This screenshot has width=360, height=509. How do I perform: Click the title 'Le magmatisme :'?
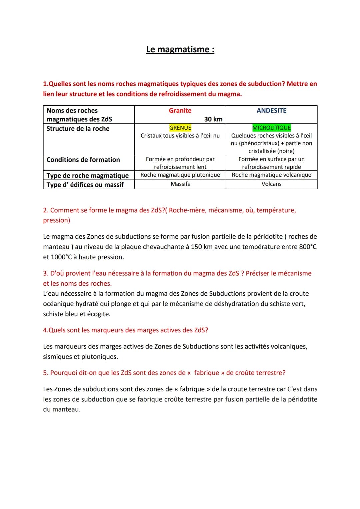pyautogui.click(x=180, y=49)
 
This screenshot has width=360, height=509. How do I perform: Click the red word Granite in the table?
pyautogui.click(x=180, y=110)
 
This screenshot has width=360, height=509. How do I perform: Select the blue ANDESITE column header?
pyautogui.click(x=271, y=110)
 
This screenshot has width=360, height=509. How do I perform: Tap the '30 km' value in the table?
pyautogui.click(x=213, y=119)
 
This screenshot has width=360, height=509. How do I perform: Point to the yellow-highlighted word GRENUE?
pyautogui.click(x=180, y=128)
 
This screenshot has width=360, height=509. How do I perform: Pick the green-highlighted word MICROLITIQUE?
pyautogui.click(x=271, y=128)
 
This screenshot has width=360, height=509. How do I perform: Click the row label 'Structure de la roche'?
pyautogui.click(x=78, y=128)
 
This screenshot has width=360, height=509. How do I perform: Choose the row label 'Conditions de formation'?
pyautogui.click(x=83, y=160)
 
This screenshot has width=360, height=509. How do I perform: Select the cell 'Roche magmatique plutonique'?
pyautogui.click(x=180, y=175)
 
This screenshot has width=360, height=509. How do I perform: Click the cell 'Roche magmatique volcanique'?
pyautogui.click(x=271, y=175)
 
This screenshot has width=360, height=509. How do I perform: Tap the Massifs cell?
pyautogui.click(x=180, y=184)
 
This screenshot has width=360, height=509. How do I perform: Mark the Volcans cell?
pyautogui.click(x=271, y=184)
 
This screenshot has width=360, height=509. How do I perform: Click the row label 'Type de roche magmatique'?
pyautogui.click(x=87, y=175)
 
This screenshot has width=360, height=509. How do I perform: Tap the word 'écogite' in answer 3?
pyautogui.click(x=98, y=314)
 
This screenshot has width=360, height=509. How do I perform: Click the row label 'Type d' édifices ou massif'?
pyautogui.click(x=85, y=184)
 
